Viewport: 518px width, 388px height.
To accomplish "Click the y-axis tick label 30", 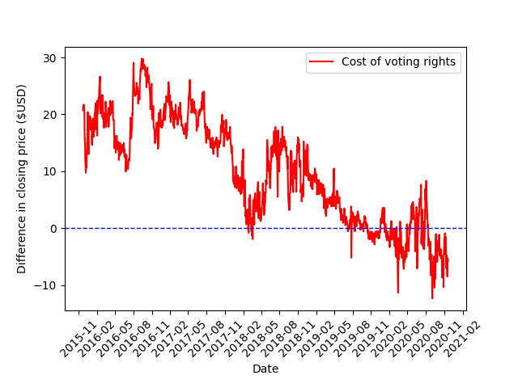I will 50,58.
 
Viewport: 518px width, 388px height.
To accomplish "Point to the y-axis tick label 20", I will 50,115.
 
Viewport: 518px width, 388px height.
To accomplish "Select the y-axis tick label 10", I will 50,171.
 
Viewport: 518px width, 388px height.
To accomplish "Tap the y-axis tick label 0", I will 53,228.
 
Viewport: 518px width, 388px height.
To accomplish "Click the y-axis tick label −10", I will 47,285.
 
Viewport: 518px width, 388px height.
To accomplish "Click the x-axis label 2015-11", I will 68,335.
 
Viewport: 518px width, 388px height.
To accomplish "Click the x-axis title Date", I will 265,369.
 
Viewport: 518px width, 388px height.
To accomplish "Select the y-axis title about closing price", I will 22,179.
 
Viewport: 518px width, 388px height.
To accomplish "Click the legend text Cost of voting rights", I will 398,62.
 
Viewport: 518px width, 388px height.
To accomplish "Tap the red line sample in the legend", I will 322,62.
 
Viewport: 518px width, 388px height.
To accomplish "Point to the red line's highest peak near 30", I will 142,59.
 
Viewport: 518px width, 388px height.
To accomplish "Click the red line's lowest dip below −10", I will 432,298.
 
